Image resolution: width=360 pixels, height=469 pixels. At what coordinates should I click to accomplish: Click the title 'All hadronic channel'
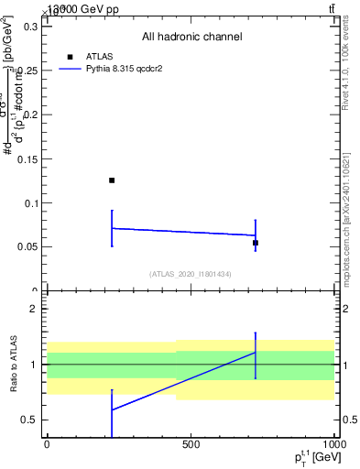pyautogui.click(x=191, y=37)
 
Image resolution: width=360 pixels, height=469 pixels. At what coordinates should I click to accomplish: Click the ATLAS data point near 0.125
pyautogui.click(x=112, y=180)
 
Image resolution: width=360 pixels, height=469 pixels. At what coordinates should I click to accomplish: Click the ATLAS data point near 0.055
pyautogui.click(x=256, y=243)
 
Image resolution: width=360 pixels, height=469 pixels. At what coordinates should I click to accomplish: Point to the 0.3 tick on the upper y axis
pyautogui.click(x=29, y=27)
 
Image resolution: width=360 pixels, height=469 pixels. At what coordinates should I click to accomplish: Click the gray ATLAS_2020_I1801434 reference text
pyautogui.click(x=191, y=274)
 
